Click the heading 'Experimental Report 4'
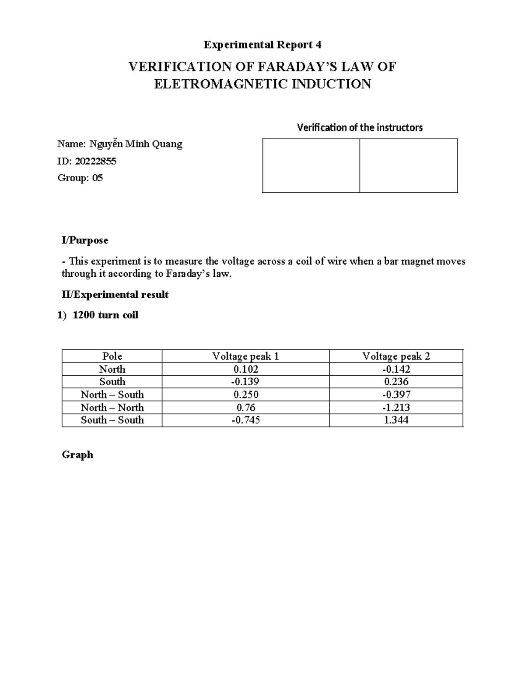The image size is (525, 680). (x=262, y=45)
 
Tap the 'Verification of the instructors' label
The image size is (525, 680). (x=360, y=127)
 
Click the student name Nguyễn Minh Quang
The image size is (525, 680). (x=136, y=144)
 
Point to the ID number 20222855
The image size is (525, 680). (x=95, y=161)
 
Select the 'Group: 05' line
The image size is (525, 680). (x=80, y=178)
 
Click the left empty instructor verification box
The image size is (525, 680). (x=311, y=166)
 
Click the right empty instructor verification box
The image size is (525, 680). (x=409, y=166)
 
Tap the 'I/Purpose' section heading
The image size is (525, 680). (x=85, y=240)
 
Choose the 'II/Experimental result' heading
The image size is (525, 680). (x=115, y=295)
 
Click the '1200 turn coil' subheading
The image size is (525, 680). (x=105, y=315)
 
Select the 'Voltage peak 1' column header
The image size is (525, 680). (x=245, y=356)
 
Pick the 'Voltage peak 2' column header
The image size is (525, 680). (x=396, y=356)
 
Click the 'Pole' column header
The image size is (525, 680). (x=112, y=356)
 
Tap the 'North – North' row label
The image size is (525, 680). (x=112, y=407)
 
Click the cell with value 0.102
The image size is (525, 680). (x=245, y=369)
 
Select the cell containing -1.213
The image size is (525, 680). (x=396, y=407)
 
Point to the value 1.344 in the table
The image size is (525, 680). (x=396, y=420)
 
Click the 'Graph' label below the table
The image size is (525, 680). (x=77, y=455)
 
